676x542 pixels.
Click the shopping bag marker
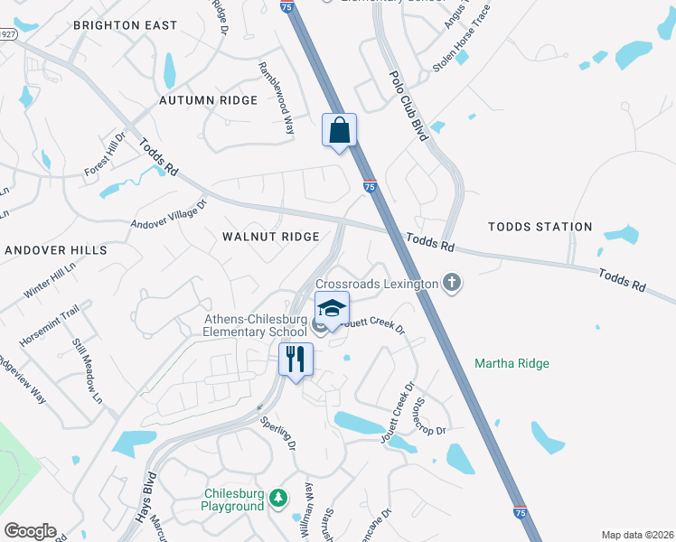[340, 130]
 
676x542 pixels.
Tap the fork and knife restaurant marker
[296, 360]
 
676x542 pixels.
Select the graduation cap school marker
[332, 309]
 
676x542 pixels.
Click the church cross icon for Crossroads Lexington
[452, 284]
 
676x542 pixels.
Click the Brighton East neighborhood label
[125, 25]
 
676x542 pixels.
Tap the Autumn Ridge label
[209, 100]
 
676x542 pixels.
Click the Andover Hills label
[56, 249]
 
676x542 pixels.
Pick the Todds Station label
[540, 228]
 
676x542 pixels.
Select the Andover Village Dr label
[169, 214]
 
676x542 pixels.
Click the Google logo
[30, 531]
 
